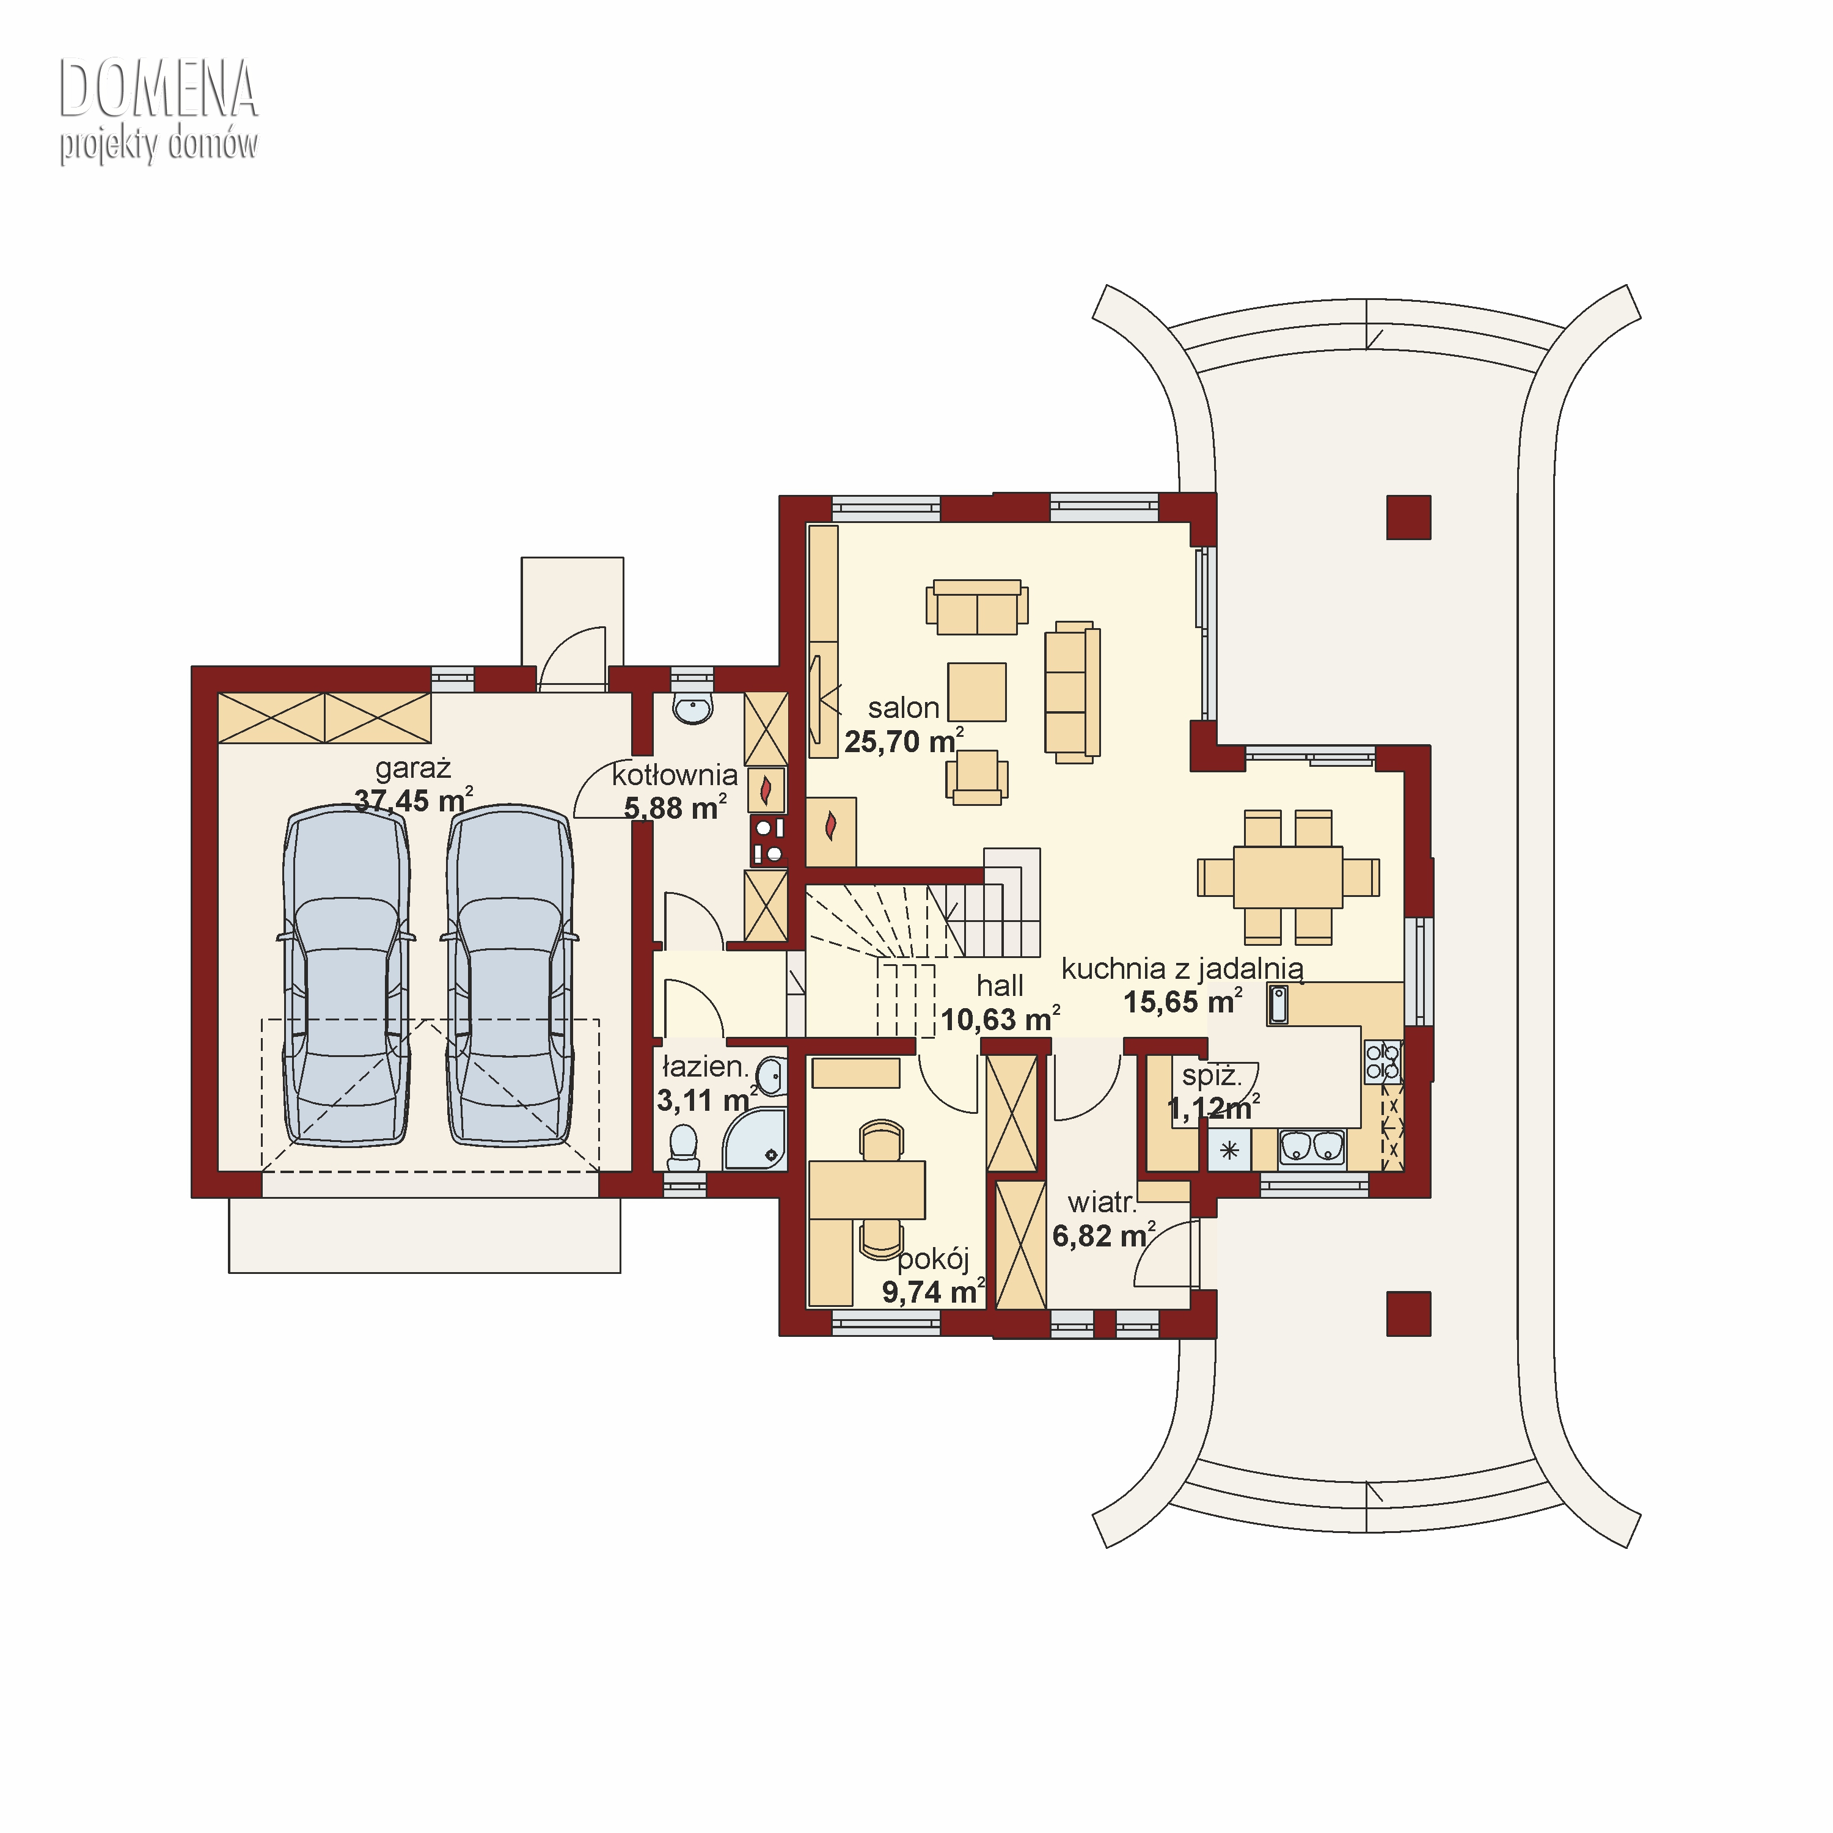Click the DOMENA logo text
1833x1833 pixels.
[158, 89]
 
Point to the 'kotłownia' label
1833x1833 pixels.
[675, 775]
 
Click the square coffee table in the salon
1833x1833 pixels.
[976, 692]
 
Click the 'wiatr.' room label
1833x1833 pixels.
[1102, 1203]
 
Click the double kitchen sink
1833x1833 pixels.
[1312, 1147]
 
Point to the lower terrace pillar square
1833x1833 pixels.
[1409, 1314]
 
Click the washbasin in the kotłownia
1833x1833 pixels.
[693, 708]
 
